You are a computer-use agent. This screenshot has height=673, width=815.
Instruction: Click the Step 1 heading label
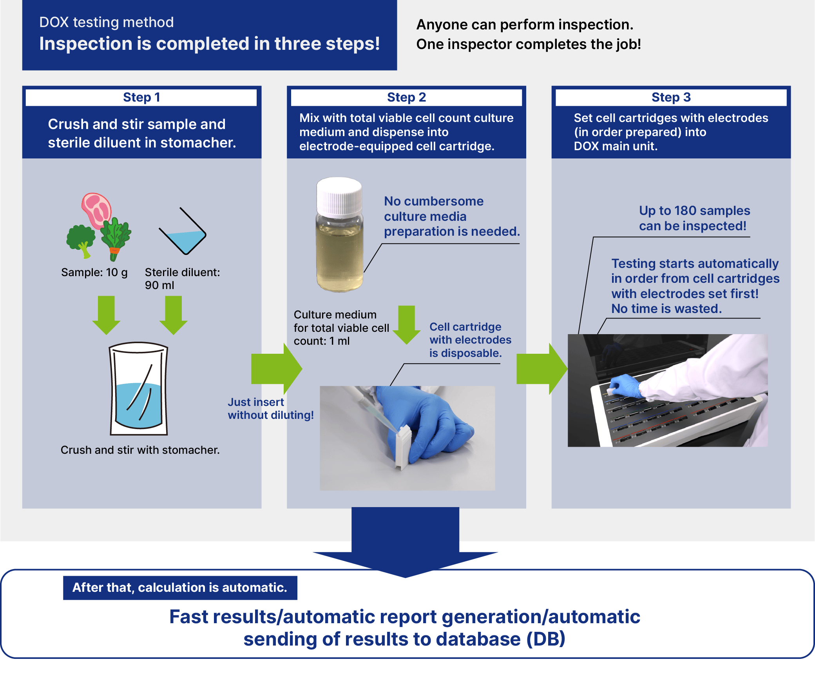point(141,97)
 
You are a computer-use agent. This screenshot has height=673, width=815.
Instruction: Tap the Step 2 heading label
point(406,97)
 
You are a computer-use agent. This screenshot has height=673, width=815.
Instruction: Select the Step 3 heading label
point(671,97)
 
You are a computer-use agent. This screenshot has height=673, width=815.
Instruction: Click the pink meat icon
point(96,210)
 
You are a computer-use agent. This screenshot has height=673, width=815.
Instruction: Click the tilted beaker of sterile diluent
point(183,231)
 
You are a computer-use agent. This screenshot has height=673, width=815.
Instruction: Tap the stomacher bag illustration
point(139,388)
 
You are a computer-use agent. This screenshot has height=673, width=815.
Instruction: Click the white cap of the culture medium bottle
point(339,196)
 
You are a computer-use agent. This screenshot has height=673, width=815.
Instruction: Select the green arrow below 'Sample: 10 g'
point(106,315)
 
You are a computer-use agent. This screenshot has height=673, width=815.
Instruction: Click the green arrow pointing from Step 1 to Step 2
point(277,369)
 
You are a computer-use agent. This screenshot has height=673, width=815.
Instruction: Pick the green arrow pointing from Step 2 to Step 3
point(542,369)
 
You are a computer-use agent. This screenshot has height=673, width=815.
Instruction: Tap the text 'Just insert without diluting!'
point(271,409)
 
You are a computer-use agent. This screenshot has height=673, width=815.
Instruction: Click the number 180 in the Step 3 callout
point(685,211)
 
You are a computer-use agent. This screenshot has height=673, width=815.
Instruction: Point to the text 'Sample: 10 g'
point(94,272)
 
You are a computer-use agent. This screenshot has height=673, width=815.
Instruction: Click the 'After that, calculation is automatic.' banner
point(180,588)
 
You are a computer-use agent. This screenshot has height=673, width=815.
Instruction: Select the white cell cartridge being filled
point(404,447)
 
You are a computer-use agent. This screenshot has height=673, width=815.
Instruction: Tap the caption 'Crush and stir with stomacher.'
point(140,450)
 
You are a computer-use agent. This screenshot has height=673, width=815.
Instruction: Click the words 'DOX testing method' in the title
point(107,22)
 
